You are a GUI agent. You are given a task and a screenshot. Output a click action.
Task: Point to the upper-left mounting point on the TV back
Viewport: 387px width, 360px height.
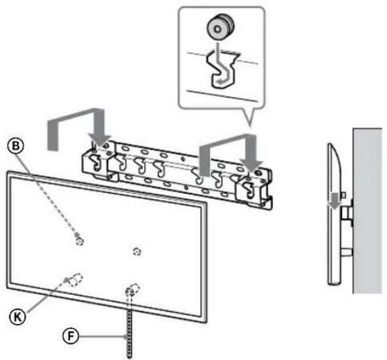[79, 240]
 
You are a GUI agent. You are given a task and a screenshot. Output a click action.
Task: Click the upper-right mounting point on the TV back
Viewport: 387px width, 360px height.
[137, 250]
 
